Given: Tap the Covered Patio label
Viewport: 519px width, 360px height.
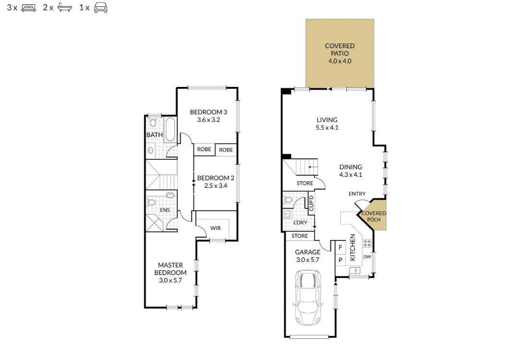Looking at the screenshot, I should point(339,49).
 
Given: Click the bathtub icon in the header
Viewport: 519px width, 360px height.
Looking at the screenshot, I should point(64,8).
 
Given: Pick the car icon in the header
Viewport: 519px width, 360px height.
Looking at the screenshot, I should point(100,8).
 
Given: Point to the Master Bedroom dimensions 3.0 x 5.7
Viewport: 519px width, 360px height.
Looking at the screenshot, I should point(170,280).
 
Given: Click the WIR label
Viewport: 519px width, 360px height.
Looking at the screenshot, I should point(216,228).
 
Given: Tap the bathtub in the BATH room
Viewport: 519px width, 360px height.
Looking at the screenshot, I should point(170,129).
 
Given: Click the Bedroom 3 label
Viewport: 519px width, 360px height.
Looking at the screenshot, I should point(208,112).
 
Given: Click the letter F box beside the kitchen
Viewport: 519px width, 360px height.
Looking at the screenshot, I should point(340,248).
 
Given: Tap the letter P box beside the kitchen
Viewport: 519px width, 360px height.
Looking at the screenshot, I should point(340,260).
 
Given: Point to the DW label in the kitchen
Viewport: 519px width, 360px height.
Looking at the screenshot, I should point(367,257).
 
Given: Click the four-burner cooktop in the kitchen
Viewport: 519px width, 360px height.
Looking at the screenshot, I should point(367,243).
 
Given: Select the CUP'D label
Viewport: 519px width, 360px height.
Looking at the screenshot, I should point(311,204).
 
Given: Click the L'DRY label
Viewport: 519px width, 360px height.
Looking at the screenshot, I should point(300,223).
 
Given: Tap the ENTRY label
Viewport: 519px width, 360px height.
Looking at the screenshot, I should point(357,194).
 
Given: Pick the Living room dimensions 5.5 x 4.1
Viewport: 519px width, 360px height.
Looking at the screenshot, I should point(327,128).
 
